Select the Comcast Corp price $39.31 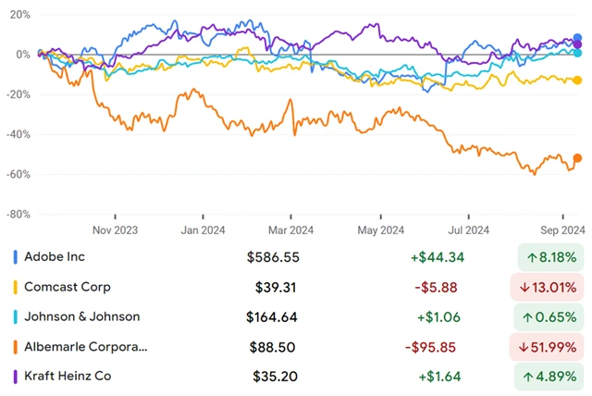(277, 287)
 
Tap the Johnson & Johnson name (81, 316)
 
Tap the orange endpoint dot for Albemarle (578, 158)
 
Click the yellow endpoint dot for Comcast (578, 80)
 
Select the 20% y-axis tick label (18, 16)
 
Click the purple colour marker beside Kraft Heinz (17, 377)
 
